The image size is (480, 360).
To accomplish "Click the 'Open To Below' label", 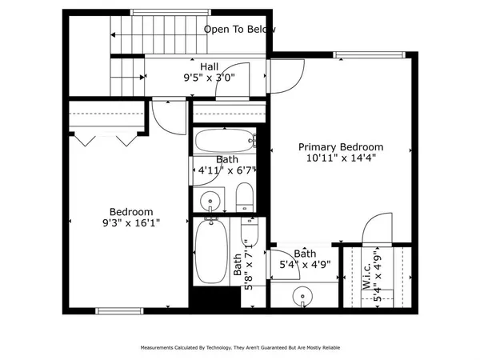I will tap(240, 30).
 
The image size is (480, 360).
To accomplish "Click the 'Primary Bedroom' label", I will tap(341, 147).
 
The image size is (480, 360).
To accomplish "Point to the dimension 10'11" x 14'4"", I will tap(341, 159).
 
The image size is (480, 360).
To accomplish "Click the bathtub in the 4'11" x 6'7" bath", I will tap(225, 141).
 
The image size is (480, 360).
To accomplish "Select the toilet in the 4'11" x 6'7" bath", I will tap(245, 197).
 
